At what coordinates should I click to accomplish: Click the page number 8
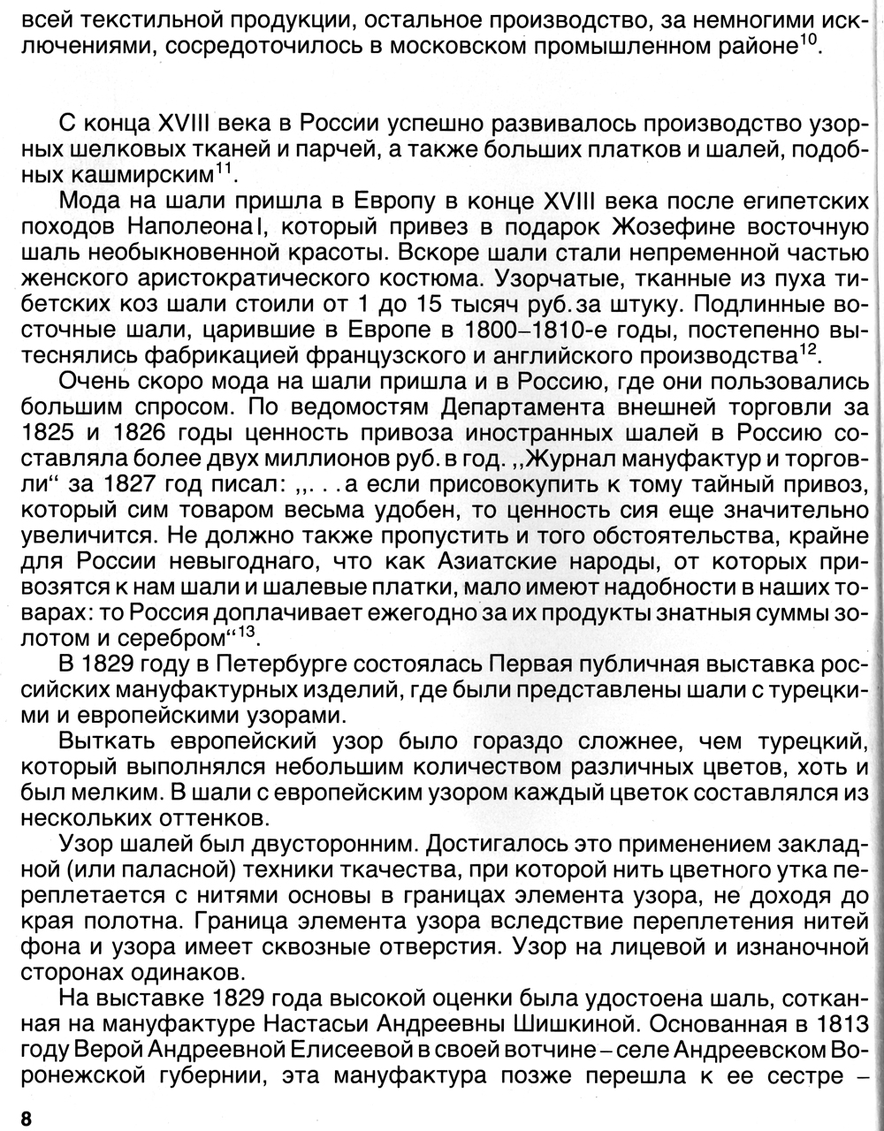click(x=26, y=1118)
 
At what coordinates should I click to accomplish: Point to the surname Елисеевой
click(x=299, y=1051)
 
